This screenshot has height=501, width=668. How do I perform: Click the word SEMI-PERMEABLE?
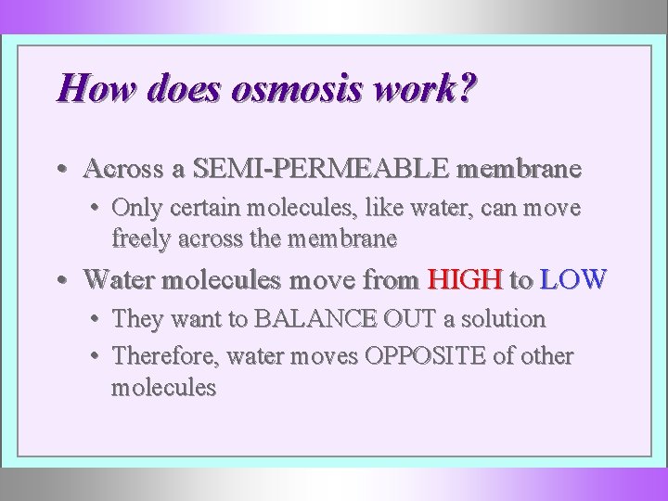coord(324,169)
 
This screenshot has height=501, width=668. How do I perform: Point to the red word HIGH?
coord(464,278)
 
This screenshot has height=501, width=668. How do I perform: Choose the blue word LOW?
coord(572,278)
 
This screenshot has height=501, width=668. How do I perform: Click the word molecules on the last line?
coord(163,387)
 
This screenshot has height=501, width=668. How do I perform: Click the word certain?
coord(192,208)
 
